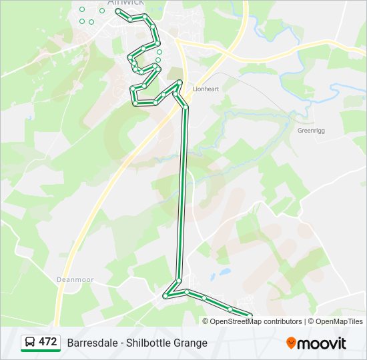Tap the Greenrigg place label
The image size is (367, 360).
tap(310, 131)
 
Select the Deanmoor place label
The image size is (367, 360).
tap(75, 280)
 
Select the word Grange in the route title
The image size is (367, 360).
tap(192, 343)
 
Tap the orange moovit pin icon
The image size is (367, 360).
tap(291, 343)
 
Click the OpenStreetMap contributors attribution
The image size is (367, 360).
tap(256, 321)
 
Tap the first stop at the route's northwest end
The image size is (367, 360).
tap(118, 11)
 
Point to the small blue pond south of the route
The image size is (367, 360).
tap(224, 272)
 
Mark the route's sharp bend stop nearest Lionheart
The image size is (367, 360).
tap(179, 82)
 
